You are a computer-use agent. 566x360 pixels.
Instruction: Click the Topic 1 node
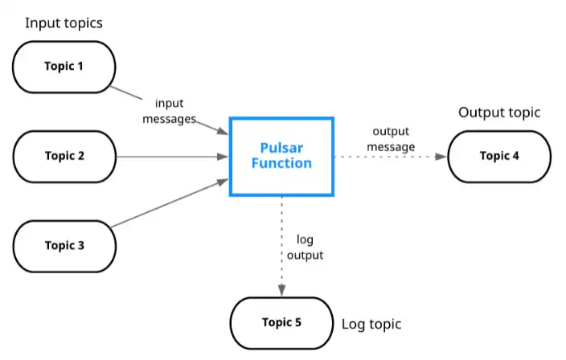[64, 65]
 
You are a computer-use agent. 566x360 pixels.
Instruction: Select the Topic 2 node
[64, 156]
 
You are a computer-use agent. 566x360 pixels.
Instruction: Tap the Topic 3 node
[64, 245]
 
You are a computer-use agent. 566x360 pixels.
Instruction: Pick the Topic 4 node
[499, 156]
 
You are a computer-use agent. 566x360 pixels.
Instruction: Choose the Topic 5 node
[281, 322]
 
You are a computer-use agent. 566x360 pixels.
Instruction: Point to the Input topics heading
[64, 22]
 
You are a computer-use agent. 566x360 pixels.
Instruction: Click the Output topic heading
[499, 112]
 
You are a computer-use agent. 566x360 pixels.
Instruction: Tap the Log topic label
[371, 325]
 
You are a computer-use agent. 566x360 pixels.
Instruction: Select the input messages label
[169, 111]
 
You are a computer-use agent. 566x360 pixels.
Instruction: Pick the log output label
[306, 248]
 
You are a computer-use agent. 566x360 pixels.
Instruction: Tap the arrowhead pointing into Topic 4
[441, 156]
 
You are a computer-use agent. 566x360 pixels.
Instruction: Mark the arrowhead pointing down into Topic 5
[281, 290]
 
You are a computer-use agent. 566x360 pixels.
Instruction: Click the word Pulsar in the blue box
[281, 148]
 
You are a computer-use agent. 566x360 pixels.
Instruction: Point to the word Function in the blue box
[281, 163]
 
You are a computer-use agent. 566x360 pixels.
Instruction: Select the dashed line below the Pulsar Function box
[281, 217]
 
